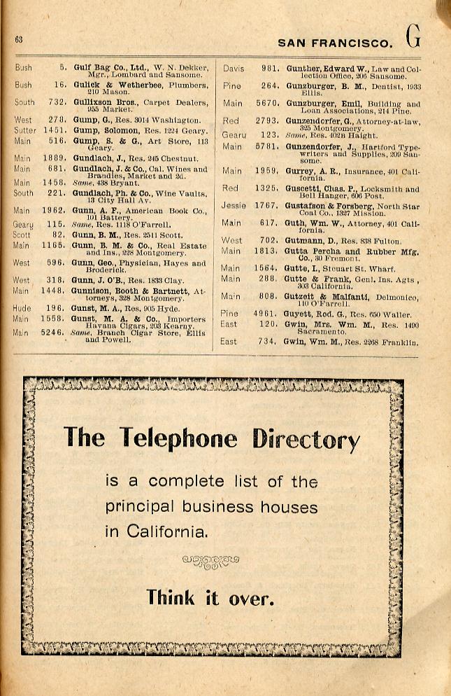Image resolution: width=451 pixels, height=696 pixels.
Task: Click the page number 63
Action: point(19,40)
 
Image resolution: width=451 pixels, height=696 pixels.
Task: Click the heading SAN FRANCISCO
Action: point(335,43)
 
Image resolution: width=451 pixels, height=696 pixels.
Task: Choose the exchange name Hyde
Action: point(22,307)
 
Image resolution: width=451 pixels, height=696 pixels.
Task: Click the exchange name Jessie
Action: point(234,206)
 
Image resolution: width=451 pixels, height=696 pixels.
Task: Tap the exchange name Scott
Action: point(22,235)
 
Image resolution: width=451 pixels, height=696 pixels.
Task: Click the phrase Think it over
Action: point(210,597)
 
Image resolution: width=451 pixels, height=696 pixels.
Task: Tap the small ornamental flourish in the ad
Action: point(210,561)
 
